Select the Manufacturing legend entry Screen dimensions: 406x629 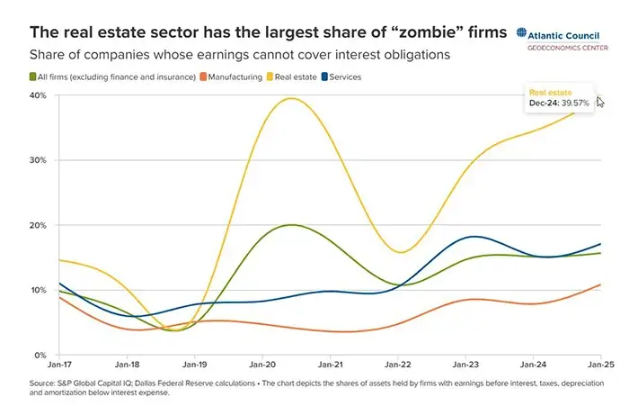pos(235,77)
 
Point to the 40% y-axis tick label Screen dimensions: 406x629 pos(39,95)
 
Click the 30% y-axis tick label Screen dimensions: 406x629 pos(39,160)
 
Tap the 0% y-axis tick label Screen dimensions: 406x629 pos(41,355)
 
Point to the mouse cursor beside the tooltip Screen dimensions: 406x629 pos(600,103)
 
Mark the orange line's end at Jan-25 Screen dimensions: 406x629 pos(600,284)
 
